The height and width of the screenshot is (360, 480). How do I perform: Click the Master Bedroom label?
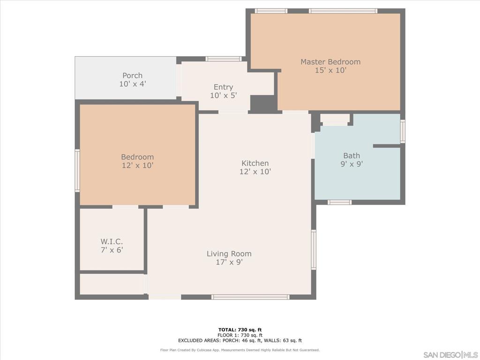click(330, 62)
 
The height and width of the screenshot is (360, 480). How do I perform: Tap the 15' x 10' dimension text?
click(330, 71)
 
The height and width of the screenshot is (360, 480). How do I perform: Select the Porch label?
click(132, 75)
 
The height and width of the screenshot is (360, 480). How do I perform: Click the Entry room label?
click(223, 87)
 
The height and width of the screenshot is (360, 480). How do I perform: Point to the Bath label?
click(352, 156)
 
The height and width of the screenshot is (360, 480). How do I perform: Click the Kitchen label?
click(255, 163)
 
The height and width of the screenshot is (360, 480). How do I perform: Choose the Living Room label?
click(229, 254)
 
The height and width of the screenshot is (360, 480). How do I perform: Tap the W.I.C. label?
click(112, 242)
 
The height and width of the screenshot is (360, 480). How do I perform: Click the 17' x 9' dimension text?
click(229, 262)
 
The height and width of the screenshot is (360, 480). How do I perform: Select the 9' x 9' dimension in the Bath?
click(352, 164)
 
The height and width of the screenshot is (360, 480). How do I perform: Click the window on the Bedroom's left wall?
click(77, 170)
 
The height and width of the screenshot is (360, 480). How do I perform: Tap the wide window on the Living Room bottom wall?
click(250, 297)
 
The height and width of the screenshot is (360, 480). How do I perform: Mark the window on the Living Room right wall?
click(314, 249)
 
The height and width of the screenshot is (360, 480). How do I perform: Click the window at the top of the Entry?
click(223, 59)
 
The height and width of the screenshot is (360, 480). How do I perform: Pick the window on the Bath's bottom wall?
click(339, 202)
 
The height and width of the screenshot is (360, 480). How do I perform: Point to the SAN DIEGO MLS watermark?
click(450, 354)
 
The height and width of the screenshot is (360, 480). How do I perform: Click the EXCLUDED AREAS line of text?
click(240, 341)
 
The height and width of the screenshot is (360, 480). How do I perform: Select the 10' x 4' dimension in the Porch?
click(132, 84)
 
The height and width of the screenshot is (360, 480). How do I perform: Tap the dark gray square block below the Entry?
click(263, 103)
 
